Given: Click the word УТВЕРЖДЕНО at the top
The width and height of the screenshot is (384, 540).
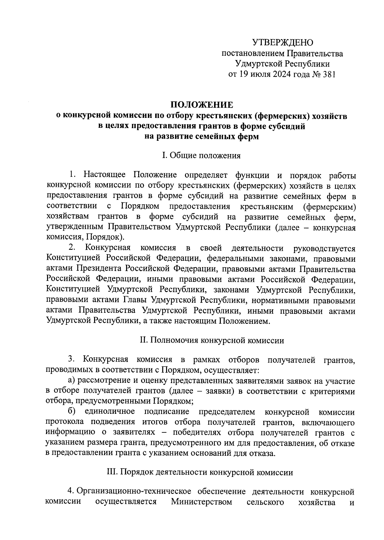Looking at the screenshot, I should (x=283, y=43).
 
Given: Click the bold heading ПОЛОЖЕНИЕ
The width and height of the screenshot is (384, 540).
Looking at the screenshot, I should (x=201, y=105).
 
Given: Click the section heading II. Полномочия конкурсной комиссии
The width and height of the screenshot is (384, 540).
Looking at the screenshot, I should (x=212, y=340).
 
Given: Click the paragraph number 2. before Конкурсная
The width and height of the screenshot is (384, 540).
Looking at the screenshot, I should (x=72, y=248).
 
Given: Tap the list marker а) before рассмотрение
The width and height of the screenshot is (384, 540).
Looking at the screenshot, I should (x=71, y=381).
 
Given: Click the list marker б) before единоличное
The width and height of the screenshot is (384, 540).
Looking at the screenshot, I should (x=71, y=412).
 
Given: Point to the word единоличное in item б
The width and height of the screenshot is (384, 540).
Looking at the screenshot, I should (x=110, y=412).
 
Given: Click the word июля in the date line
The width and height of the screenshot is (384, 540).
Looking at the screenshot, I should (x=255, y=74).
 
